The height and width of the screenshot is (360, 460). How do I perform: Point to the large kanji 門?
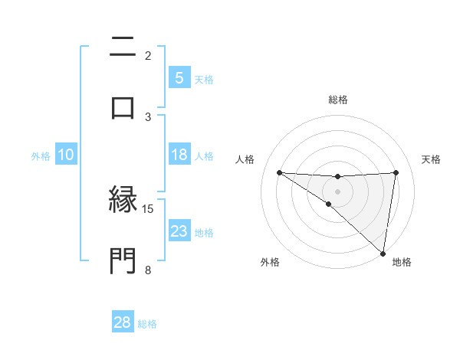coord(123,260)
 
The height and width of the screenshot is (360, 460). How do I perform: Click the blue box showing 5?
coord(179,77)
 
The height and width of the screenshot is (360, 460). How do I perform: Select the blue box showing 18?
coord(179,155)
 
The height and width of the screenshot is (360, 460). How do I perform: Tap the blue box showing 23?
coord(179,231)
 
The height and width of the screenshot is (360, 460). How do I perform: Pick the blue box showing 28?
coord(123,322)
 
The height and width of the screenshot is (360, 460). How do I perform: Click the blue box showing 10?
coord(66,155)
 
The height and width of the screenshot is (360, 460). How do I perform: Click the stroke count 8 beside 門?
coord(147,269)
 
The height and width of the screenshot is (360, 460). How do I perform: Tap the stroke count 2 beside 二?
coord(147,55)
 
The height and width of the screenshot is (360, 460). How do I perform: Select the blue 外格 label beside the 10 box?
coord(41,155)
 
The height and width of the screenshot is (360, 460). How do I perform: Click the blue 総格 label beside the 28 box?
coord(147,324)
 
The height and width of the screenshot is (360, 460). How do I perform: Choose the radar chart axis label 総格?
coord(338,100)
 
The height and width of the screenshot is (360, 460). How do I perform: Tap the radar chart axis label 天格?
coord(432,159)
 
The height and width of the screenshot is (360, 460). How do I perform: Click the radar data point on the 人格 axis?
coord(279,172)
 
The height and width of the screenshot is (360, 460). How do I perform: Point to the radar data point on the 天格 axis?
coord(396,172)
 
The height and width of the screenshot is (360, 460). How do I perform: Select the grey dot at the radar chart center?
coord(337,191)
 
